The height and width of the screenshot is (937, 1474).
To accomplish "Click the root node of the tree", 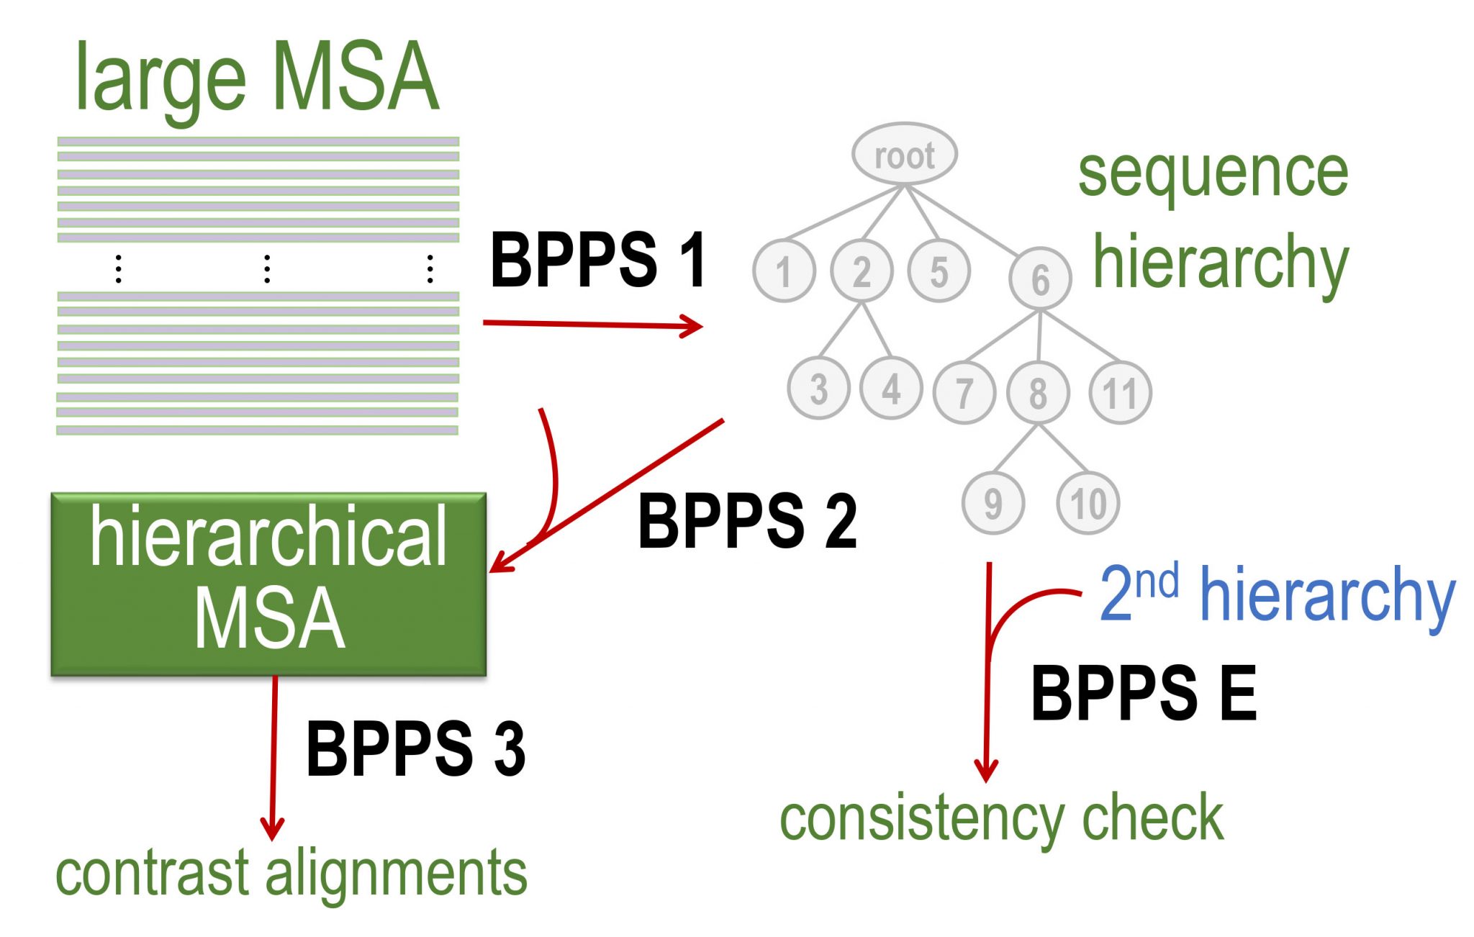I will (x=904, y=154).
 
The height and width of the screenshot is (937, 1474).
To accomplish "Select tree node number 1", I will (x=784, y=271).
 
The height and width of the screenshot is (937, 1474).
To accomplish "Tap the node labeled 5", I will (x=939, y=271).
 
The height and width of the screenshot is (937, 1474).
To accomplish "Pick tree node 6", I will (x=1040, y=279).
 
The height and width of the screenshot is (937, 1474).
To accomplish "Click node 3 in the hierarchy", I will (x=818, y=389).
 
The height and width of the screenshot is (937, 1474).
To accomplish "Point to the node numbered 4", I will (x=891, y=389).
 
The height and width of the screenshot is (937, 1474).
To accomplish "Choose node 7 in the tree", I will (x=964, y=392).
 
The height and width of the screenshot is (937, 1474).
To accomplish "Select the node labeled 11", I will (x=1120, y=392).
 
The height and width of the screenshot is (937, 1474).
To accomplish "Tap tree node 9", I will (x=993, y=502).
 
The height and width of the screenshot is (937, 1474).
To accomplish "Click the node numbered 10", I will (x=1088, y=502).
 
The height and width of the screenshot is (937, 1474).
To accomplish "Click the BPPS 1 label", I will (x=597, y=261).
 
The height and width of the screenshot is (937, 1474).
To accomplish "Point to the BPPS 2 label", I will (x=746, y=521).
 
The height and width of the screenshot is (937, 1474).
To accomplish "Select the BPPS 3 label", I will (x=415, y=748).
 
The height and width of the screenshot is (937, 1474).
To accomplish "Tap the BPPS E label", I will (x=1143, y=692).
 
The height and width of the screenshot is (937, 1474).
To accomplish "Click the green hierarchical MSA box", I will (x=268, y=583).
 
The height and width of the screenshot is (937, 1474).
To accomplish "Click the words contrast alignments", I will (x=291, y=872).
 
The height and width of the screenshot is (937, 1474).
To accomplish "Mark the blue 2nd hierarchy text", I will (x=1277, y=594).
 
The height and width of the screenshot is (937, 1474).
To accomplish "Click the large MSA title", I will (x=256, y=78).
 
